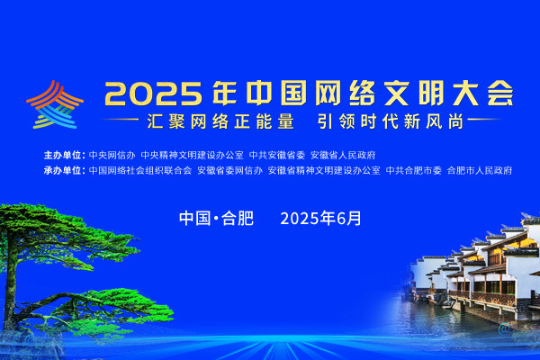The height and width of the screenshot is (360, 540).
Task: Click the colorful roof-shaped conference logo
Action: (x=55, y=105)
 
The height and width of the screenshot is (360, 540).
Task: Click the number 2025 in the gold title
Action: (x=154, y=94)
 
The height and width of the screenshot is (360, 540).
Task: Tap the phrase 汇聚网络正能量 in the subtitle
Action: (x=220, y=121)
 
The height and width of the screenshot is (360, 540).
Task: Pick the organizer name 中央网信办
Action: (x=112, y=155)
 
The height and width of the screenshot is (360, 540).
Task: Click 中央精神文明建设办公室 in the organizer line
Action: (x=193, y=155)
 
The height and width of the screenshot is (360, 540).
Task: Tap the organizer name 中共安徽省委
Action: (x=277, y=155)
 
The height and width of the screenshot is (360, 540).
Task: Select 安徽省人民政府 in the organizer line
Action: (x=343, y=155)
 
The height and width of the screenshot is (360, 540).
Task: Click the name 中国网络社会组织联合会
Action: (x=140, y=170)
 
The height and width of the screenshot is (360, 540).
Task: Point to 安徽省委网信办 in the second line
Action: (x=230, y=170)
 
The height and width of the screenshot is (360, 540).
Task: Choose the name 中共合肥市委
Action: (x=414, y=170)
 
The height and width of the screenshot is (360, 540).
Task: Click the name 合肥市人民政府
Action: (x=480, y=170)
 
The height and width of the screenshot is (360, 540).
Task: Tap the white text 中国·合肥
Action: (x=217, y=219)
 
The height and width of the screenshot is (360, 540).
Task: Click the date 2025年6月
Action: (x=320, y=219)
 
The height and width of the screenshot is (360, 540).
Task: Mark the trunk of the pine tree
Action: (x=10, y=275)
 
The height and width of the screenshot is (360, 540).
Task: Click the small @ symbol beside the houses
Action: (x=504, y=329)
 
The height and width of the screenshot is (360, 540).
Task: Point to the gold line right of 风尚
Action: (x=484, y=120)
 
